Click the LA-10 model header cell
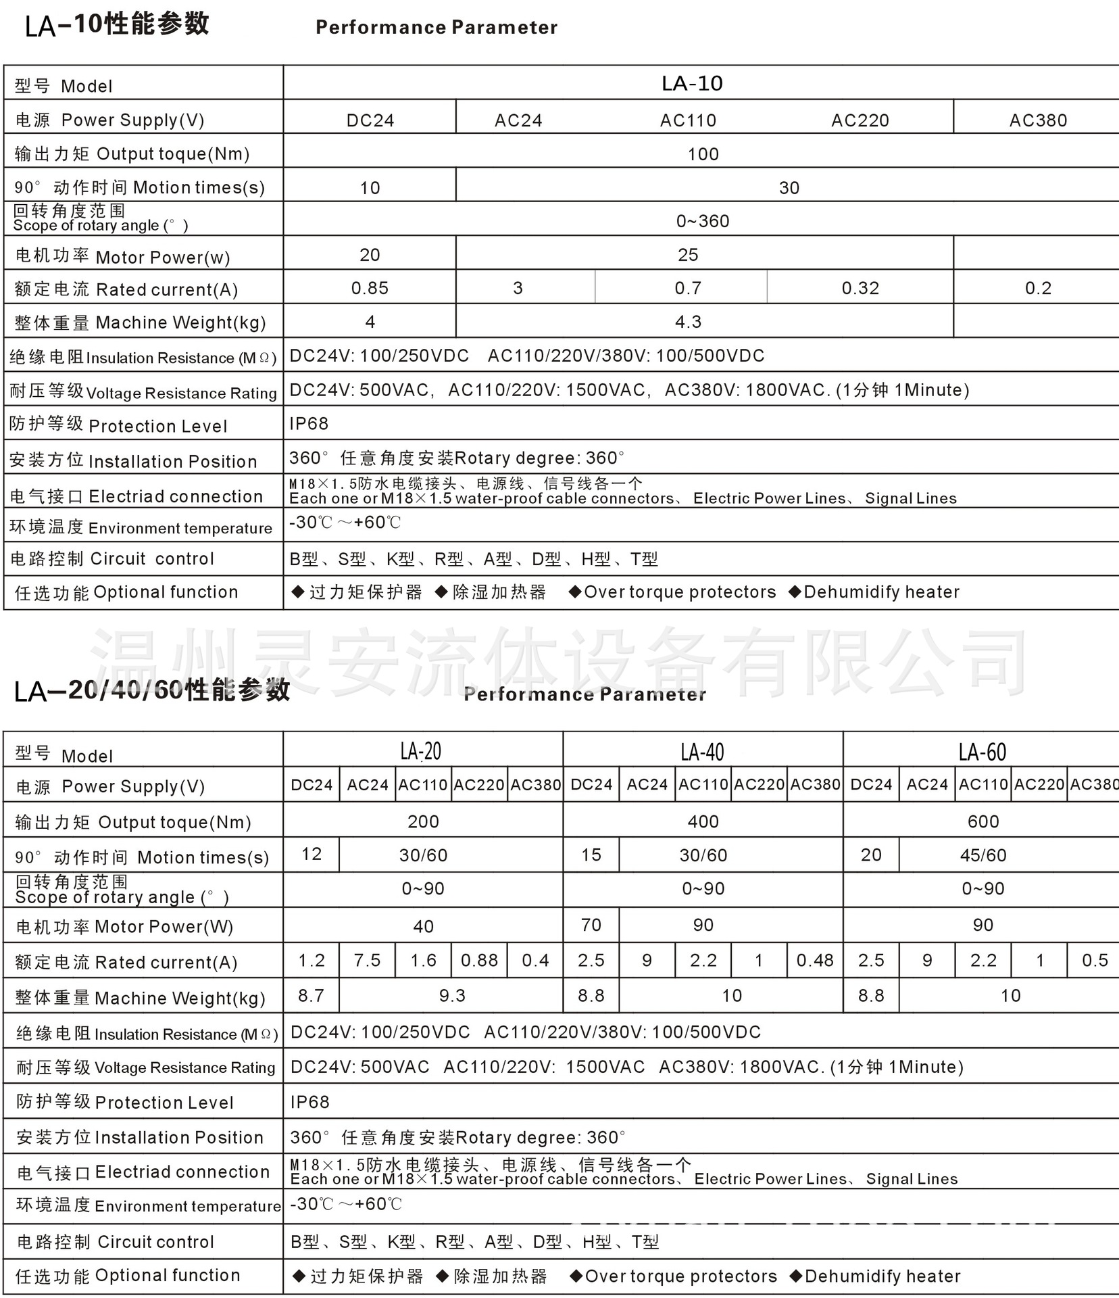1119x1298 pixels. click(x=692, y=83)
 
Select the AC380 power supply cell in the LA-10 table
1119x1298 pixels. click(x=1038, y=120)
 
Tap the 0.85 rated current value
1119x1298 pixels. click(x=370, y=289)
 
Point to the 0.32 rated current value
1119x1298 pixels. click(x=860, y=289)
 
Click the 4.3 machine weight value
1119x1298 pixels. click(x=688, y=322)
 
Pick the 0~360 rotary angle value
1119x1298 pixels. click(x=703, y=221)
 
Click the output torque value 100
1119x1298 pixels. click(x=703, y=154)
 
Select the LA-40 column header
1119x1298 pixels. click(x=703, y=752)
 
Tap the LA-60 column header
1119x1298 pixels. click(x=983, y=752)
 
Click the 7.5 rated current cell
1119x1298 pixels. click(x=367, y=961)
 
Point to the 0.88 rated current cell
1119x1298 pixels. click(x=479, y=961)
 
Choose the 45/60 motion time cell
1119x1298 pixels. click(x=983, y=855)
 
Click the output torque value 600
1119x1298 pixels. click(x=983, y=821)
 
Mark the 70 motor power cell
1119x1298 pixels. click(x=591, y=925)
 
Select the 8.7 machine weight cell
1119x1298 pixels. click(x=312, y=996)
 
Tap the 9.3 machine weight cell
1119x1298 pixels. click(x=452, y=996)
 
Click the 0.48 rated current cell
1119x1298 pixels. click(x=815, y=961)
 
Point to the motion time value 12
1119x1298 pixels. click(x=312, y=855)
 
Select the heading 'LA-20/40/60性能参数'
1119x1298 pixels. click(x=152, y=690)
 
